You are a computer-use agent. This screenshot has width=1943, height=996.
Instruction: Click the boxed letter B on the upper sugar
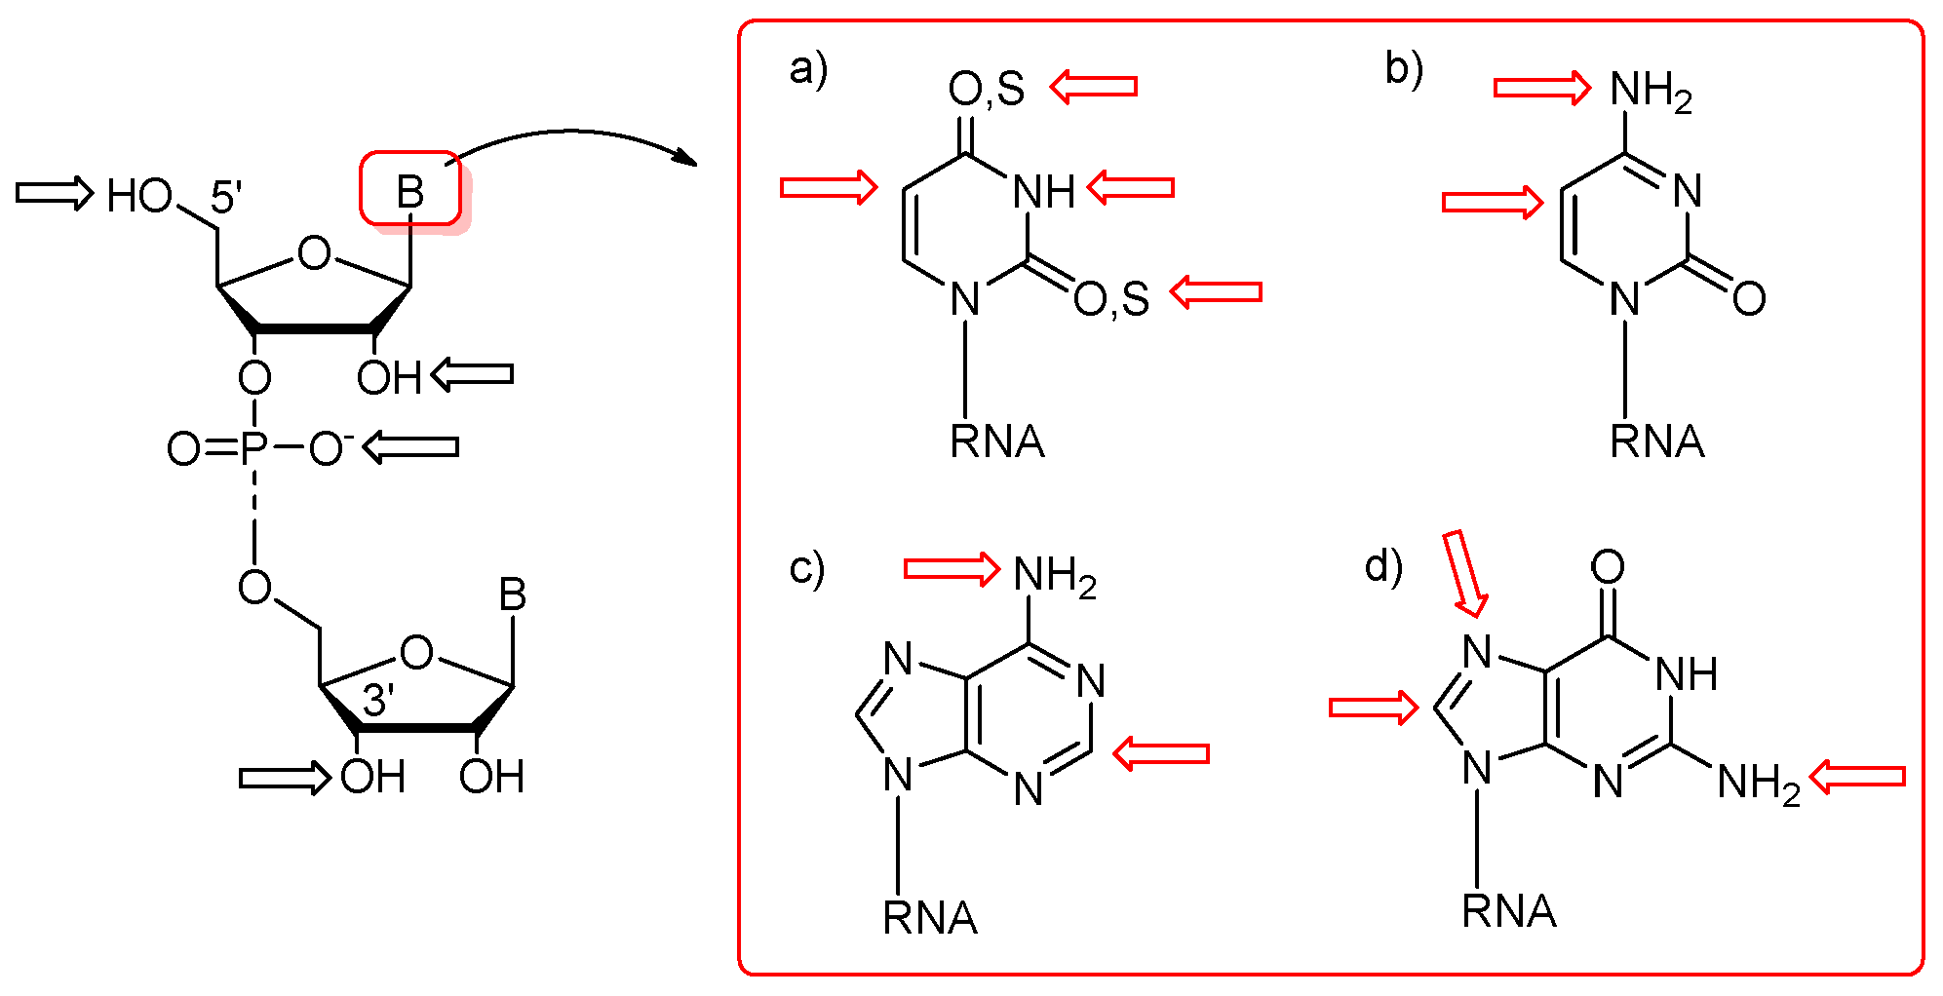tap(410, 192)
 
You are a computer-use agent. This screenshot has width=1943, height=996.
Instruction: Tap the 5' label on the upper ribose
tap(226, 198)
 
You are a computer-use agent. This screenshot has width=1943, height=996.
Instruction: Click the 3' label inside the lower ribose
tap(378, 701)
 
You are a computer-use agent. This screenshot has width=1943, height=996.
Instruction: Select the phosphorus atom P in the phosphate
tap(253, 448)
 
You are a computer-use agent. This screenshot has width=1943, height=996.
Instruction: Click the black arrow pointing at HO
tap(54, 192)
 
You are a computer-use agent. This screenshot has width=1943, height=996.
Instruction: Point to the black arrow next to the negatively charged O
tap(410, 447)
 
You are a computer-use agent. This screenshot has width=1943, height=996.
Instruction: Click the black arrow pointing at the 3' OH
tap(285, 778)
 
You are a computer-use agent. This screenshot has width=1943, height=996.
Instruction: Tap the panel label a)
tap(808, 69)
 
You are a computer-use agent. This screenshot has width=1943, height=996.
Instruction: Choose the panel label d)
tap(1383, 565)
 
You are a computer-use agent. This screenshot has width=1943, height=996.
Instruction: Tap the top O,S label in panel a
tap(987, 90)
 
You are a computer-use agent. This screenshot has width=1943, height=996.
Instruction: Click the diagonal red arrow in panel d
tap(1465, 573)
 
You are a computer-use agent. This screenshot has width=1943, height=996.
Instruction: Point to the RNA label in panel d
tap(1509, 911)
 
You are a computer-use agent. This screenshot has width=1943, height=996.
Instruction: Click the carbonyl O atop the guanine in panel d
tap(1608, 566)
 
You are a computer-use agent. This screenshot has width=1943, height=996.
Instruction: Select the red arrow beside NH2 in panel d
tap(1857, 777)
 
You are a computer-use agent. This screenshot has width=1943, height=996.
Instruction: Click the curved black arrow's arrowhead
tap(687, 158)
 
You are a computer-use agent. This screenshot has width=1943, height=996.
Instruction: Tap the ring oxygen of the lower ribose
tap(416, 652)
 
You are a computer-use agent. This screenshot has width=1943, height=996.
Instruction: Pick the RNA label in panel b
tap(1656, 441)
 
